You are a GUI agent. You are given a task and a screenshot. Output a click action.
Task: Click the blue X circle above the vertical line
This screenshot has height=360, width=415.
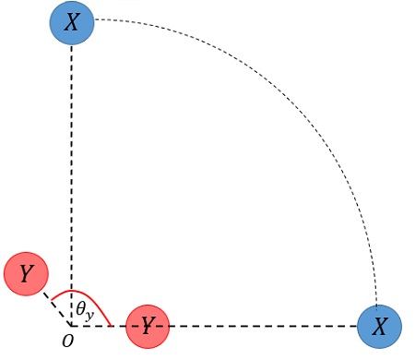(x=72, y=22)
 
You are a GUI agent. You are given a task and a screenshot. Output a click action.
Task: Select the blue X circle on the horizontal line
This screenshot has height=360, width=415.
(x=379, y=326)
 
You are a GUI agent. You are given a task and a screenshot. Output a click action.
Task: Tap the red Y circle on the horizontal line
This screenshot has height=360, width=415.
(x=148, y=326)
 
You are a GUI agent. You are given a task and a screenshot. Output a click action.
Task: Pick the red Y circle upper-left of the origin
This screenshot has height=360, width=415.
(x=26, y=273)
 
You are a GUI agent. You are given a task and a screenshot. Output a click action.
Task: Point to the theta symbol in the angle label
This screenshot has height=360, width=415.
(x=81, y=307)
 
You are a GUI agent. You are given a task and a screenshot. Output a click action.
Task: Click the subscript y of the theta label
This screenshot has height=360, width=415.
(x=90, y=314)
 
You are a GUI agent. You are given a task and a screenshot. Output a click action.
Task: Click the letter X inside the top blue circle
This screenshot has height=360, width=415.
(x=72, y=22)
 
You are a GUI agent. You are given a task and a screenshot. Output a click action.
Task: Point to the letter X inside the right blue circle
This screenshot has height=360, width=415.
(x=379, y=326)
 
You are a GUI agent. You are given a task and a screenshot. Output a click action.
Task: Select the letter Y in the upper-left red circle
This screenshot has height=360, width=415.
(x=26, y=273)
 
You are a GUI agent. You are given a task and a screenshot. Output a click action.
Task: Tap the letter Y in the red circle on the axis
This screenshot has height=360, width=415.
(x=147, y=325)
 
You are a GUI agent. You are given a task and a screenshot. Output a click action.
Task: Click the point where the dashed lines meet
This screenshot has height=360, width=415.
(x=72, y=326)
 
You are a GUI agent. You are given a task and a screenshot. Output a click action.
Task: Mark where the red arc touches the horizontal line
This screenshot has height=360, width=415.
(x=113, y=326)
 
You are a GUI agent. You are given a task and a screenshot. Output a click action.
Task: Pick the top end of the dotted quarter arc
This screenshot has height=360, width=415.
(x=97, y=19)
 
